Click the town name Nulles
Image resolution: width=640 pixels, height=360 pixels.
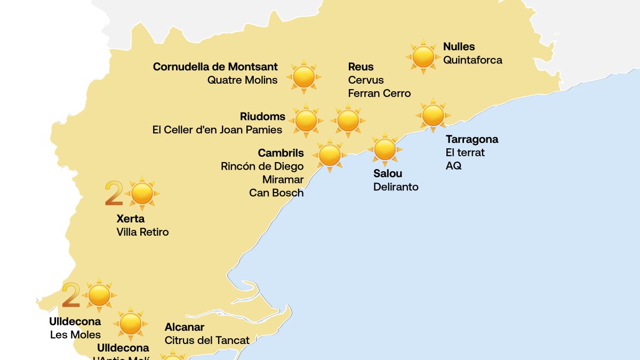point(459,47)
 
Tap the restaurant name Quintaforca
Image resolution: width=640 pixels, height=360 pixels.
point(473,60)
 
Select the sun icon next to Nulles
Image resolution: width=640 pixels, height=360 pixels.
point(423,57)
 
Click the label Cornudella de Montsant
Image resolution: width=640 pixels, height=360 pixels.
point(215,67)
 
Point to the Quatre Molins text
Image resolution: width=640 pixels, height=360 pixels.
point(242,80)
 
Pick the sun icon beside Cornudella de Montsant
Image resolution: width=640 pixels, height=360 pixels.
point(304,77)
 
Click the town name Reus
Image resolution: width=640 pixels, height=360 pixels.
point(361,67)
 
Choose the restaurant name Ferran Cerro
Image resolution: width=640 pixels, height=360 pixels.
point(379,93)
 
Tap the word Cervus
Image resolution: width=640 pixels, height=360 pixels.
point(366,80)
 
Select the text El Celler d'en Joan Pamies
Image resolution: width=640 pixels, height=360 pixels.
point(217,130)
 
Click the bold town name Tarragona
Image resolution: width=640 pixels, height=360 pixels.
point(472,139)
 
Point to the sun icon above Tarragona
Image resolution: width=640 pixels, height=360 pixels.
point(433,115)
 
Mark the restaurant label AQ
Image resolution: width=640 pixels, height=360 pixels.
point(453,166)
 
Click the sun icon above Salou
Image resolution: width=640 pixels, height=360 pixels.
point(385,149)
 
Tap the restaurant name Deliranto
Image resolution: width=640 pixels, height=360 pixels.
point(396,187)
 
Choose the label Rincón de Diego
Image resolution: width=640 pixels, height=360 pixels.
point(262,166)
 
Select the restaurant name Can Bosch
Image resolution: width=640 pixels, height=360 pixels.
point(276,193)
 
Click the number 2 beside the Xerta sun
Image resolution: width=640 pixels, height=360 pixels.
point(113,194)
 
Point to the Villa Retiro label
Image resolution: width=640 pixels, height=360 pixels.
point(142,232)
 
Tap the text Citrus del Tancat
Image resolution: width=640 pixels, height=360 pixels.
point(207,340)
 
